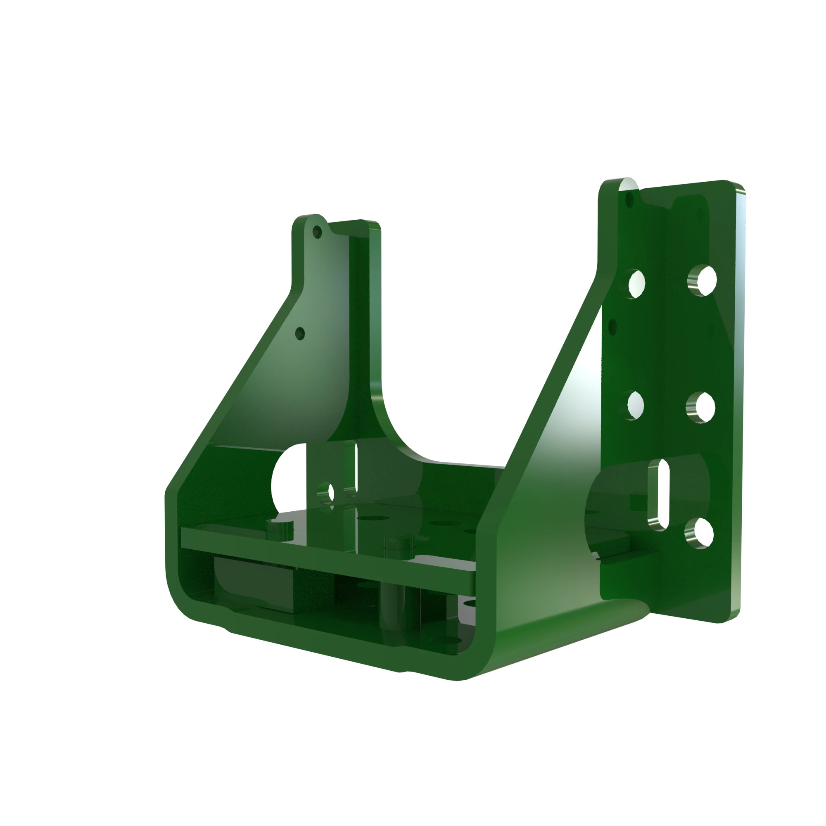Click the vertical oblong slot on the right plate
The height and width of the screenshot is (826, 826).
tap(659, 495)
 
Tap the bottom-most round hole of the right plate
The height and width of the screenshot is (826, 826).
tap(700, 533)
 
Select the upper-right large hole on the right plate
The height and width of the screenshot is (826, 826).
tap(703, 280)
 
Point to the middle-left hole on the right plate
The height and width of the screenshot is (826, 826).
tap(636, 405)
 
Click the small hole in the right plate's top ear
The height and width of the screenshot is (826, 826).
tap(629, 199)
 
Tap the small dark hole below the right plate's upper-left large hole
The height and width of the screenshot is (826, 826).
tap(612, 327)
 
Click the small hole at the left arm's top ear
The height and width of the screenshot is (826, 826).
tap(317, 232)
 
